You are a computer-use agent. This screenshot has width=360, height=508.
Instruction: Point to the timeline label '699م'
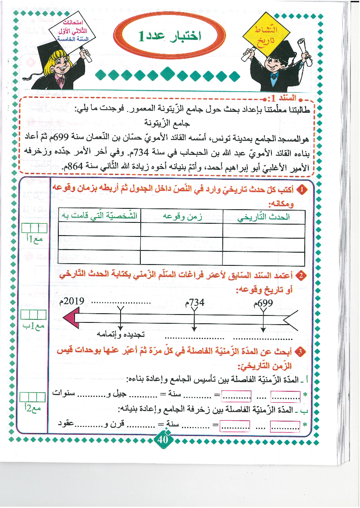tap(264, 303)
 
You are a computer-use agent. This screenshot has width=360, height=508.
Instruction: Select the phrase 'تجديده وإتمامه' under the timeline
tap(121, 335)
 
